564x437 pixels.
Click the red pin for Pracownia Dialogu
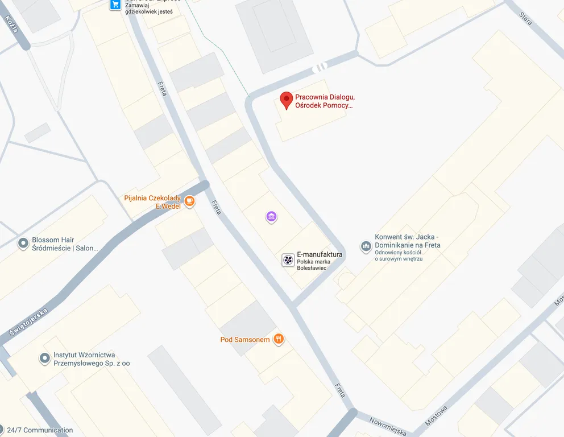(x=287, y=100)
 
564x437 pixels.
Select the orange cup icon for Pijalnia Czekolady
(x=189, y=201)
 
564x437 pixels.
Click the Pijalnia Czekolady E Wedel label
(x=152, y=202)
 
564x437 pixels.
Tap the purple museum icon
(x=271, y=216)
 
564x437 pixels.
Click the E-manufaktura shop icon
(x=288, y=260)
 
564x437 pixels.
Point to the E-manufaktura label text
(x=320, y=255)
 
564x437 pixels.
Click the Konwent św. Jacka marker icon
(x=366, y=246)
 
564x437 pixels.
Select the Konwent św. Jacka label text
(x=407, y=241)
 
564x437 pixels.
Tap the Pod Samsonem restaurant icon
(x=278, y=340)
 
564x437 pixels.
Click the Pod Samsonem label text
(x=245, y=340)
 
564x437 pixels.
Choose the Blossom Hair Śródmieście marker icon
(x=23, y=244)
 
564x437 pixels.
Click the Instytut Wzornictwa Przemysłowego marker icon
(x=45, y=358)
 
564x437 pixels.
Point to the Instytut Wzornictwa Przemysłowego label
(x=92, y=359)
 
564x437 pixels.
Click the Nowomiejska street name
(x=388, y=426)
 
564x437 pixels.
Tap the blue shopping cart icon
(x=115, y=4)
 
